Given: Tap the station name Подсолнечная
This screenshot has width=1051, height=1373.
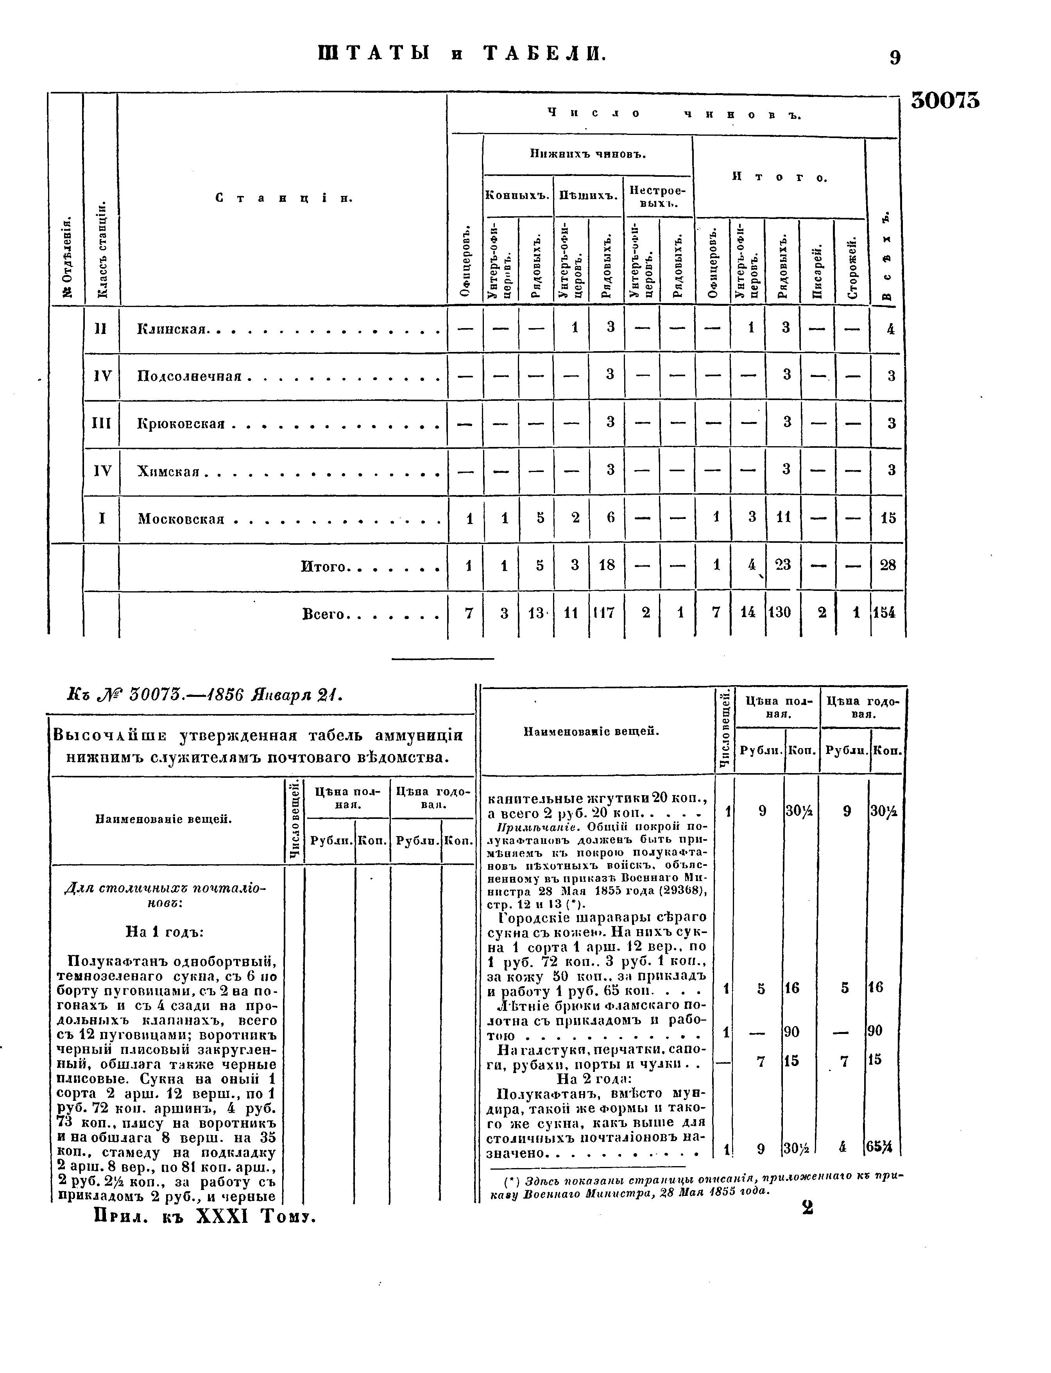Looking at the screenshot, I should coord(189,376).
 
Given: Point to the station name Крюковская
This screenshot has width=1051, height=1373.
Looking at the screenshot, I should coord(181,424).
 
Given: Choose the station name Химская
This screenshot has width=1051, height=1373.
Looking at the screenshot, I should coord(168,471).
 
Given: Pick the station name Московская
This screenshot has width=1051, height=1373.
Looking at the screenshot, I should coord(181,519).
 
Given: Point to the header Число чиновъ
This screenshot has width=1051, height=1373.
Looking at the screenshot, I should coord(674,114).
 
